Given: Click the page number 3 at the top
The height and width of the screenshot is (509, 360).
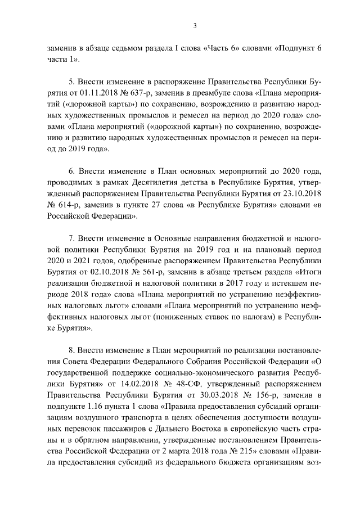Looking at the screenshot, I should point(195,25).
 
